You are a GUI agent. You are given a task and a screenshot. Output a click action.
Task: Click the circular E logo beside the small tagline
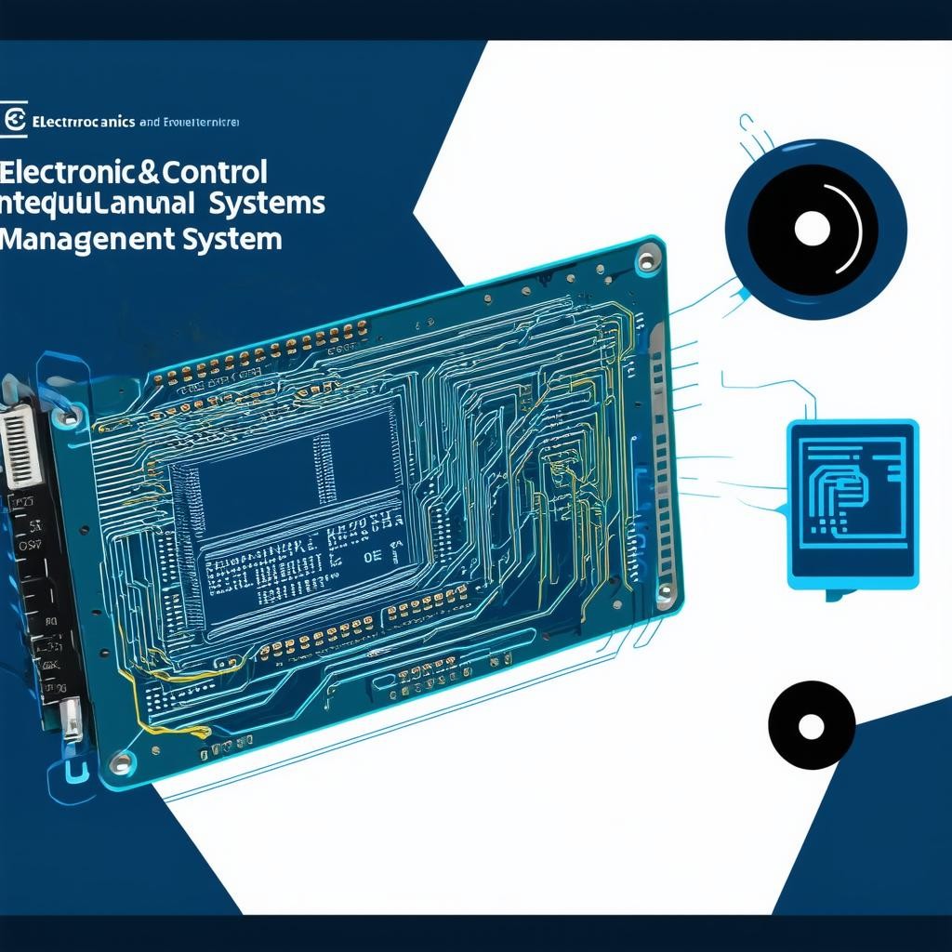point(15,120)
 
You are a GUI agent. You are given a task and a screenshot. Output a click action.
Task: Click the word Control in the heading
point(215,173)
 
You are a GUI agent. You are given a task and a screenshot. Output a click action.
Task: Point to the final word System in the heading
point(233,239)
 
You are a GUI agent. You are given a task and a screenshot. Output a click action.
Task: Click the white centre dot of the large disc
point(812,228)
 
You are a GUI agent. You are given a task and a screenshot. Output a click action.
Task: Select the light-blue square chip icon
point(852,502)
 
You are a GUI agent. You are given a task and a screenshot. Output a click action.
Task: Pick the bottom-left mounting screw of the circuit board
point(118,764)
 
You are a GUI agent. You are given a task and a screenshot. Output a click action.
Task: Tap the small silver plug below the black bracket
point(70,718)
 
